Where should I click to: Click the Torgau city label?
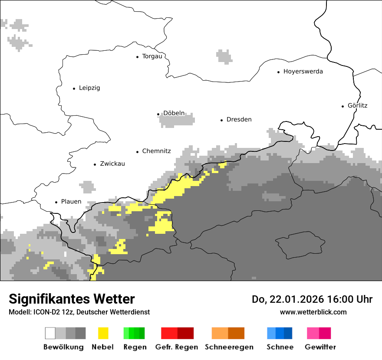click(x=152, y=56)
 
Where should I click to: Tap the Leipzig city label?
click(x=89, y=88)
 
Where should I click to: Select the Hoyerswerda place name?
click(x=303, y=72)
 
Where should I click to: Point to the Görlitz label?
click(x=357, y=105)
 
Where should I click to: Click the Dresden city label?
click(x=239, y=120)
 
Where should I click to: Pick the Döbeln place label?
click(x=174, y=114)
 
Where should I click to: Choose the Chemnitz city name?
click(x=156, y=151)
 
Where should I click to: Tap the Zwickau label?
click(x=112, y=164)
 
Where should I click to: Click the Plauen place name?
click(x=71, y=202)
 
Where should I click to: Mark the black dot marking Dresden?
click(x=221, y=120)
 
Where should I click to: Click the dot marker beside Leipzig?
click(x=74, y=88)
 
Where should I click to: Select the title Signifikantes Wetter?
click(x=72, y=299)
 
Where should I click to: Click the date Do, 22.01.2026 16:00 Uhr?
click(x=312, y=299)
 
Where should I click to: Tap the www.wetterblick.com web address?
click(x=313, y=312)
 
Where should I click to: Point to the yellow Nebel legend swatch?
click(x=103, y=333)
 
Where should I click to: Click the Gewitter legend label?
click(x=320, y=347)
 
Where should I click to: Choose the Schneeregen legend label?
click(x=229, y=347)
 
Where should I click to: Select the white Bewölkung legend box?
click(x=50, y=333)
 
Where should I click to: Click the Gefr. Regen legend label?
click(x=176, y=347)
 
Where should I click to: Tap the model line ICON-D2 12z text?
click(x=79, y=312)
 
